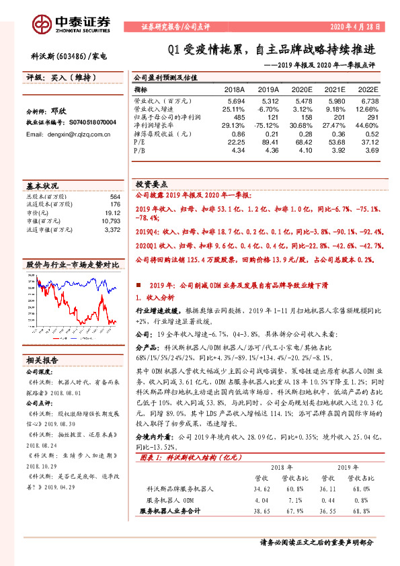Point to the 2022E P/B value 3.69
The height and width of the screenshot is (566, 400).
371,151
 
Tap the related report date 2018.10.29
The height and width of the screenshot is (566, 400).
42,465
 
